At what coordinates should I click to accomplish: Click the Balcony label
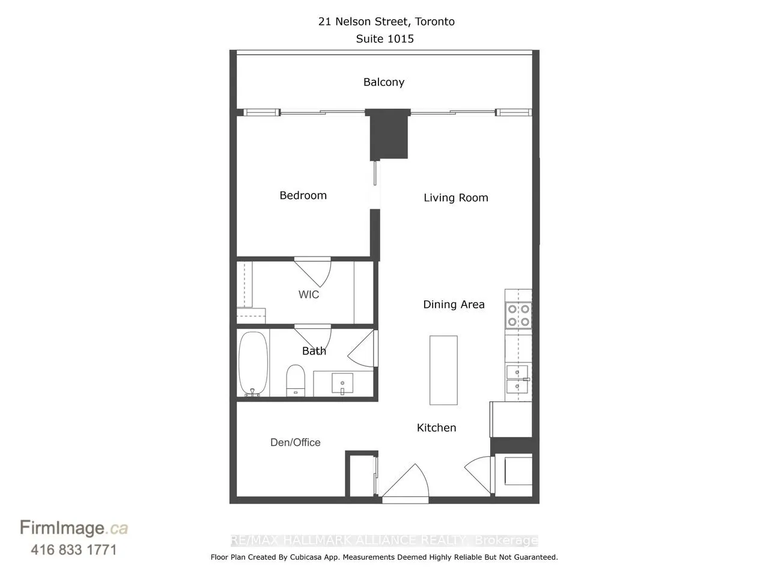[383, 82]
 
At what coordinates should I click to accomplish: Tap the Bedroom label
[303, 195]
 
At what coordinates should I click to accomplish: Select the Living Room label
[455, 198]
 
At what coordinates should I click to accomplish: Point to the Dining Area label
[454, 305]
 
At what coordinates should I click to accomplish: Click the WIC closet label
[309, 295]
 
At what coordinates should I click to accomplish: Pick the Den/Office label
[295, 442]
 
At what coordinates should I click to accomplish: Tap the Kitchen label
[436, 428]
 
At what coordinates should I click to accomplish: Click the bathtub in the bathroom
[253, 364]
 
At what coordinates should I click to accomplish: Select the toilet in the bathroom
[295, 380]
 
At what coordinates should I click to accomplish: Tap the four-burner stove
[518, 316]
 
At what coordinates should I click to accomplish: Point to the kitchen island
[443, 370]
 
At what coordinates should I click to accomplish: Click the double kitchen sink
[517, 379]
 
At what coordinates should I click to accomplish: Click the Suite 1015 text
[384, 39]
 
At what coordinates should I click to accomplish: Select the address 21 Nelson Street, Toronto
[386, 22]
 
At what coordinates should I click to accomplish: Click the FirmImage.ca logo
[74, 528]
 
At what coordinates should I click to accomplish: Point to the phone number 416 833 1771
[73, 549]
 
